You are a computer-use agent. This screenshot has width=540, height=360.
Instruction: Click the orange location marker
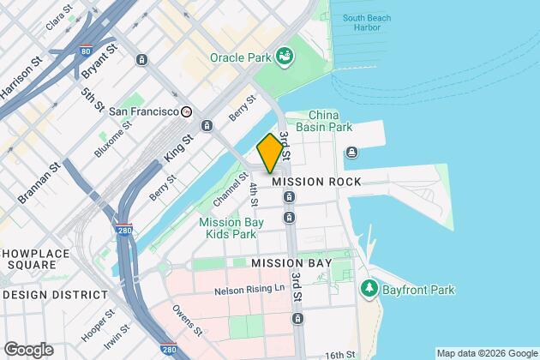pos(270,153)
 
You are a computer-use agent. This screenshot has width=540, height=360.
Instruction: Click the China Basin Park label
pos(330,121)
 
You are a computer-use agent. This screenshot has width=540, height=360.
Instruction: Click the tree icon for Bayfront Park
pos(369,286)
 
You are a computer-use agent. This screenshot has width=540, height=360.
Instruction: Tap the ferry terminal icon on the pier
pos(351,153)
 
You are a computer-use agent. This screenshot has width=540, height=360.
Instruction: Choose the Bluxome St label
pos(115,142)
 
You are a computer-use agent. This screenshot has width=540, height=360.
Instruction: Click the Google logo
pos(27,350)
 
